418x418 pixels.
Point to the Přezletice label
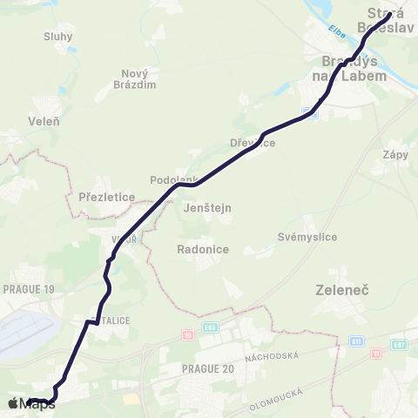[106, 197]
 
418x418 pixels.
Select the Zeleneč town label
[343, 287]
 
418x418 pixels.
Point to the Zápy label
[395, 154]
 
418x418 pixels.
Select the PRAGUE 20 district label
[208, 368]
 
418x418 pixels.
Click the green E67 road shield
[400, 344]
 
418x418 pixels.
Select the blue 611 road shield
[357, 343]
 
